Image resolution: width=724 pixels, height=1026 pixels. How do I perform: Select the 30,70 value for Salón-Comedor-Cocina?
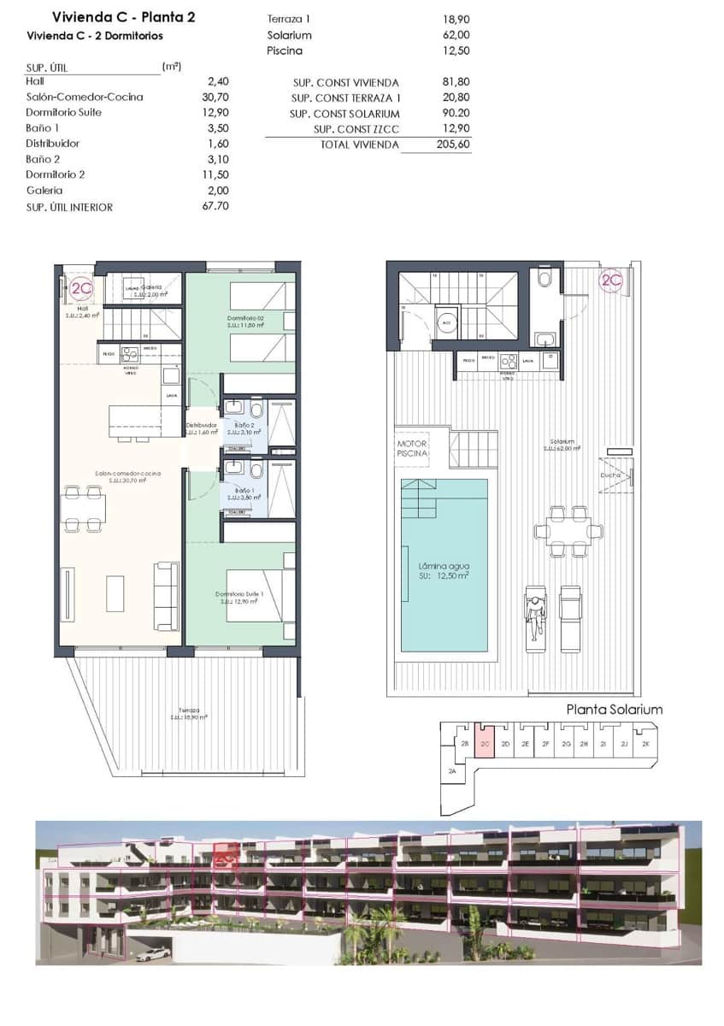click(218, 97)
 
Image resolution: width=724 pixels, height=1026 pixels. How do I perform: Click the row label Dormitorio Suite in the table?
click(64, 113)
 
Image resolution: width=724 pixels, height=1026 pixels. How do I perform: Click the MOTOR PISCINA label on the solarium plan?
click(411, 449)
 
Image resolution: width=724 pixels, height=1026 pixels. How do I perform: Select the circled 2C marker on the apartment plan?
click(82, 289)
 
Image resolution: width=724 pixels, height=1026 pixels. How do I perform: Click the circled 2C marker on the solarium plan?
click(610, 280)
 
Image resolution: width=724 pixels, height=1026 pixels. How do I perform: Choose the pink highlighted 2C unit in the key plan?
click(485, 744)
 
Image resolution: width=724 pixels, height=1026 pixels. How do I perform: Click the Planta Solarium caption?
click(615, 710)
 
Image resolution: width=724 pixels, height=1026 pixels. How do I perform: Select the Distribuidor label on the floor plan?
click(202, 426)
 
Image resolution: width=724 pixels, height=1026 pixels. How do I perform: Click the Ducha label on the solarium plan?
click(609, 475)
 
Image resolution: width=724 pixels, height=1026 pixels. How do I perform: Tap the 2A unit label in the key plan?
click(451, 771)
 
